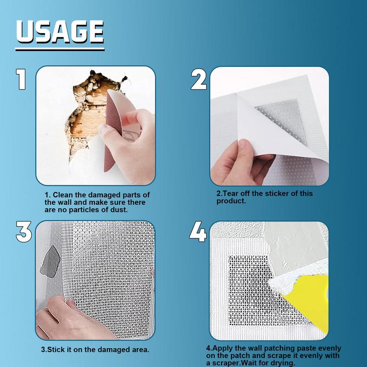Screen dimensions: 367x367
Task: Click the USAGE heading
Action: tap(60, 32)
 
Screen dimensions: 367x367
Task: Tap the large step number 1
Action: tap(21, 79)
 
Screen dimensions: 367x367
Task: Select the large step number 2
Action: tap(199, 79)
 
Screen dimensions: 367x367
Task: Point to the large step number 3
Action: tap(24, 232)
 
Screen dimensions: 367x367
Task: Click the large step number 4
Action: tap(198, 232)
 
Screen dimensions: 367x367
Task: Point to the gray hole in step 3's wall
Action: tap(50, 261)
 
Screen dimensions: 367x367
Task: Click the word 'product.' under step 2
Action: tap(231, 201)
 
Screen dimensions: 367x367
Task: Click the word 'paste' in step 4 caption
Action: tap(307, 348)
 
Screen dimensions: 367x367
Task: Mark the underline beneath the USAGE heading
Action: tap(60, 49)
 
